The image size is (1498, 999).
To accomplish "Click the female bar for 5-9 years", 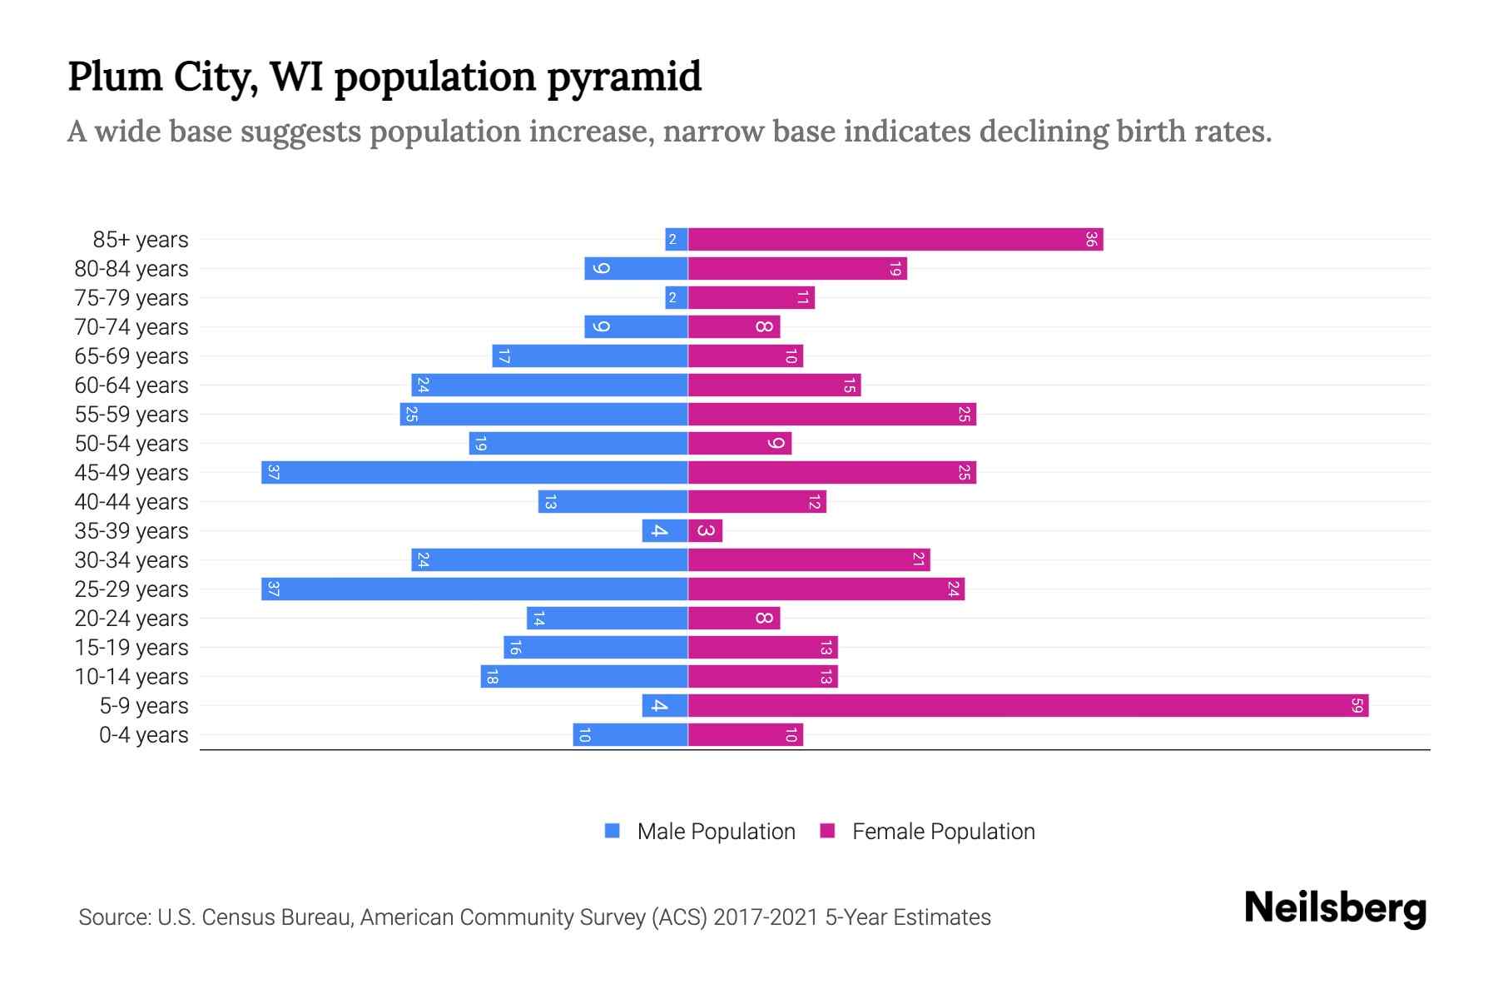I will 1028,706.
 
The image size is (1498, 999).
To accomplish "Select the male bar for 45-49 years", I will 474,473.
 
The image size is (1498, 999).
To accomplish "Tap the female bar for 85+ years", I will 895,240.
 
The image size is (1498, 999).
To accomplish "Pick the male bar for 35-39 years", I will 664,531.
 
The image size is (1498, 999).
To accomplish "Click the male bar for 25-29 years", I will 474,589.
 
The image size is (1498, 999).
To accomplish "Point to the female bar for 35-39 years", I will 705,531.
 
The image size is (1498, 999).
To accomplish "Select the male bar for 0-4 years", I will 630,735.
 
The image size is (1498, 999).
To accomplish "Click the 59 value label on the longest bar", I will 1357,706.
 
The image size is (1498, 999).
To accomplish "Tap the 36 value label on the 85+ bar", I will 1091,240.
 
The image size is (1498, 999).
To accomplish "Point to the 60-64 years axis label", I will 131,385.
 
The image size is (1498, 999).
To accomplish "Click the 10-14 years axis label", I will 131,677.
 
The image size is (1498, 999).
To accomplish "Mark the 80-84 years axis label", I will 131,269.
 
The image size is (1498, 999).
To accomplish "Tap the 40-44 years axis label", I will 131,502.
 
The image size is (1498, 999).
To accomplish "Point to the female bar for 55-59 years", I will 831,415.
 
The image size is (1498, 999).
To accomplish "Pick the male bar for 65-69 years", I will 589,356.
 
